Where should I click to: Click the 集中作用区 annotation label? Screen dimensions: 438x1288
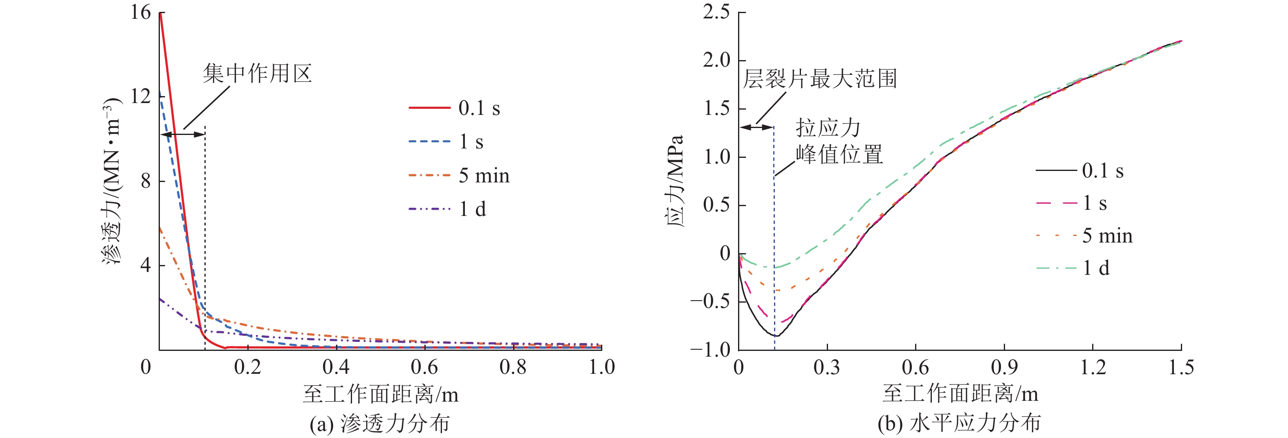point(257,74)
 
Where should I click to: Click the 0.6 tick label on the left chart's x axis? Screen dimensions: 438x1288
point(424,368)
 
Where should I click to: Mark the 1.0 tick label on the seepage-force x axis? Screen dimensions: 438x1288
point(601,368)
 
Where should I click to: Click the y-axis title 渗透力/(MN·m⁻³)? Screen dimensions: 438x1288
point(112,181)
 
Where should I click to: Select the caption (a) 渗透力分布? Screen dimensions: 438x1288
point(379,424)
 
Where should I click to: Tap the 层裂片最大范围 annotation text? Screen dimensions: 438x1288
point(819,79)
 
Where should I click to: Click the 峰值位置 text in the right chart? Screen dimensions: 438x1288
point(839,155)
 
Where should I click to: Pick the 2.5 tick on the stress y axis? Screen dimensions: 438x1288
point(716,11)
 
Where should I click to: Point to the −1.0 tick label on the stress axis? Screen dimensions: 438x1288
point(710,350)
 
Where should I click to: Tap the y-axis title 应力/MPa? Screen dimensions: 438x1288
point(675,181)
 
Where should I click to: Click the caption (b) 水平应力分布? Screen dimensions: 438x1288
point(959,424)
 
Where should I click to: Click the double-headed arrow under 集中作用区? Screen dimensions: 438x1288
point(183,134)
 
